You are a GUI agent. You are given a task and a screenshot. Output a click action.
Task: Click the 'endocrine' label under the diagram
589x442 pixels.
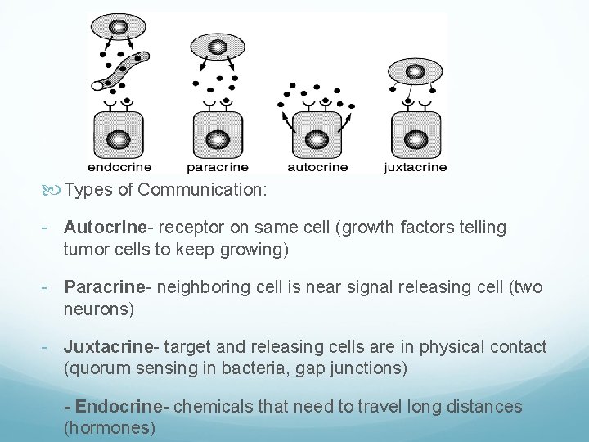119,167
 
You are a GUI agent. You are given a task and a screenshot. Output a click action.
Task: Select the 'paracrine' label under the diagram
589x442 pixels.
217,167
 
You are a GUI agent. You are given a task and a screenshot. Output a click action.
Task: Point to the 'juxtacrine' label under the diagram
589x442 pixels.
416,167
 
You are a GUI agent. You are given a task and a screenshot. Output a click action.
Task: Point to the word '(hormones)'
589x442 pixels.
109,428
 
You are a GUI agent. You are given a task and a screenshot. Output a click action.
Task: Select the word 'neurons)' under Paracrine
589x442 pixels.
99,309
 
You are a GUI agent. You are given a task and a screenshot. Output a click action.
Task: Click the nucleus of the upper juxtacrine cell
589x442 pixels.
415,71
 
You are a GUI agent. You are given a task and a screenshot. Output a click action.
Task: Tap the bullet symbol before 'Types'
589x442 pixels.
56,191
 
